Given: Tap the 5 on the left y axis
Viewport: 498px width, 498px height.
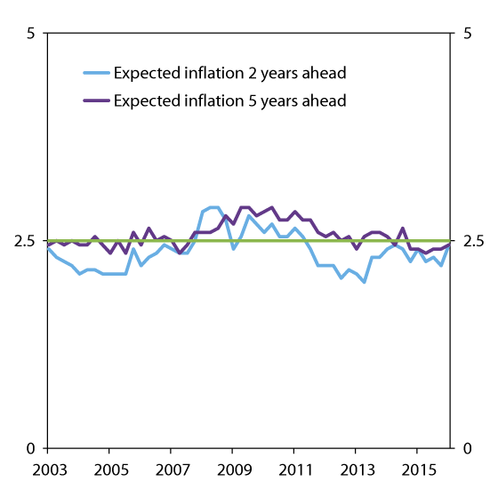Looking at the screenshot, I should pos(33,34).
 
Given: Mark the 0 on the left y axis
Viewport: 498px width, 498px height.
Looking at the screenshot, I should pos(33,448).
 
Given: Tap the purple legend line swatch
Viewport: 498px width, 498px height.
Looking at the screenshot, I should pos(96,100).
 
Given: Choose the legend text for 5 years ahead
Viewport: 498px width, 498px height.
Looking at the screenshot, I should pos(229,100).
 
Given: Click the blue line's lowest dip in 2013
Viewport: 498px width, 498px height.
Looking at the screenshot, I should pos(365,282).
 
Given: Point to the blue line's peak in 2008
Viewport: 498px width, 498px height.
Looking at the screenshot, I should pos(213,207).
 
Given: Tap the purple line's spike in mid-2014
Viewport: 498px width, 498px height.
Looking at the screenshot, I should pos(403,229).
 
